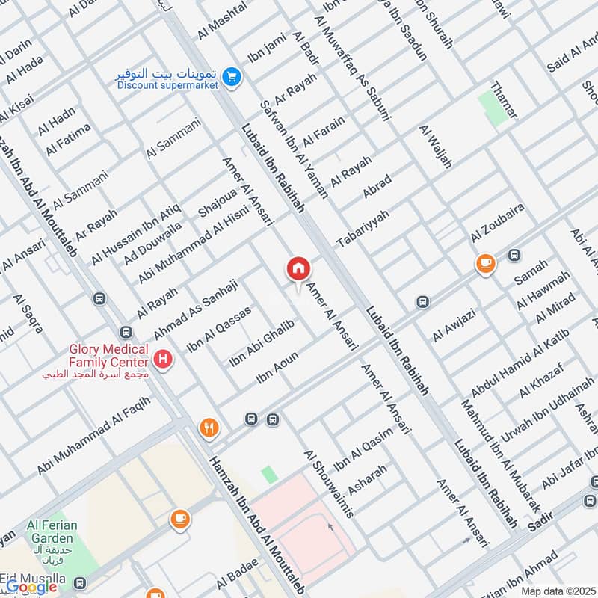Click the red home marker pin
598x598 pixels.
point(298,268)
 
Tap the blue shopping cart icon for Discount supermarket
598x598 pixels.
point(232,75)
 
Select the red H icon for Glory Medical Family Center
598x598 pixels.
point(164,360)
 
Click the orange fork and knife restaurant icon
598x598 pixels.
point(209,428)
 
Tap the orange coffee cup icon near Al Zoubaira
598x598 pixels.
point(486,263)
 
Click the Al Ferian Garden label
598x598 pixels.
point(52,531)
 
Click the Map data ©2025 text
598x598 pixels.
point(558,591)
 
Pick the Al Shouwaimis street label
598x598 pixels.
point(328,484)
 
